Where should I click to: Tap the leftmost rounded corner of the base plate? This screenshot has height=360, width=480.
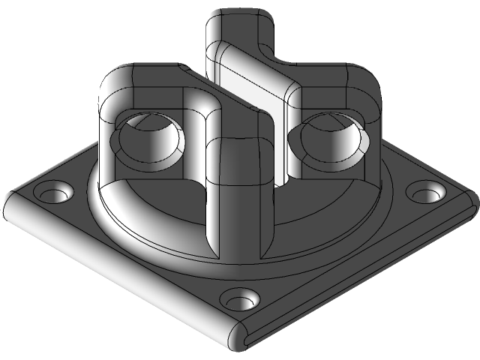pyautogui.click(x=10, y=209)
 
